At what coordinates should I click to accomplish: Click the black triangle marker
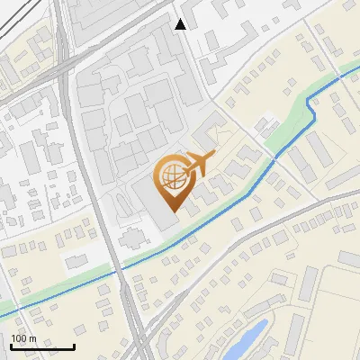(181, 24)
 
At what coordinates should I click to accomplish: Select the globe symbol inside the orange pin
(171, 178)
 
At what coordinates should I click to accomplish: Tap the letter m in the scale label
(33, 337)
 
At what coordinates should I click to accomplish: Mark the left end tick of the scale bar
(11, 346)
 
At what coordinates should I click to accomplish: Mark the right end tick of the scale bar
(74, 346)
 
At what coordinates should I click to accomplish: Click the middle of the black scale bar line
(42, 347)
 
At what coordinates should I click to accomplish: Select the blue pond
(247, 337)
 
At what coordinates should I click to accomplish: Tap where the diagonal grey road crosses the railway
(135, 310)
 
